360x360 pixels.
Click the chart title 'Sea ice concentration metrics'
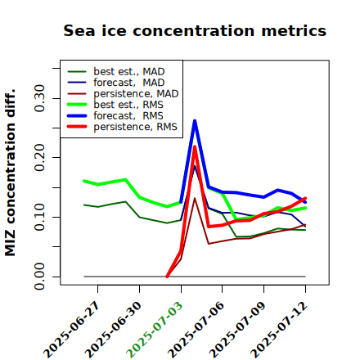tap(195, 30)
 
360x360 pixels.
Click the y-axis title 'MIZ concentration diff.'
tap(10, 173)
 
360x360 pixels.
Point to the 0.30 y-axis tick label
tap(40, 98)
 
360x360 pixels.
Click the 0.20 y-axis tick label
tap(40, 158)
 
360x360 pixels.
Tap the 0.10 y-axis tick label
tap(40, 217)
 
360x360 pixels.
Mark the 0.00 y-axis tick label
tap(40, 277)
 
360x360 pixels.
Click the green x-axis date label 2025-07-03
tap(155, 330)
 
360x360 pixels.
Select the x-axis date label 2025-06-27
tap(71, 330)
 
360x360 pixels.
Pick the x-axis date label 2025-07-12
tap(279, 330)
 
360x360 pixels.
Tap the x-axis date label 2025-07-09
tap(237, 330)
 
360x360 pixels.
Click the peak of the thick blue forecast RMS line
tap(195, 120)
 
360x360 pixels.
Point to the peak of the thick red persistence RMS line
tap(195, 146)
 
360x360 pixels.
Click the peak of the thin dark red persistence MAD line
tap(195, 198)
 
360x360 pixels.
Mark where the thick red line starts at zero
tap(167, 277)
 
